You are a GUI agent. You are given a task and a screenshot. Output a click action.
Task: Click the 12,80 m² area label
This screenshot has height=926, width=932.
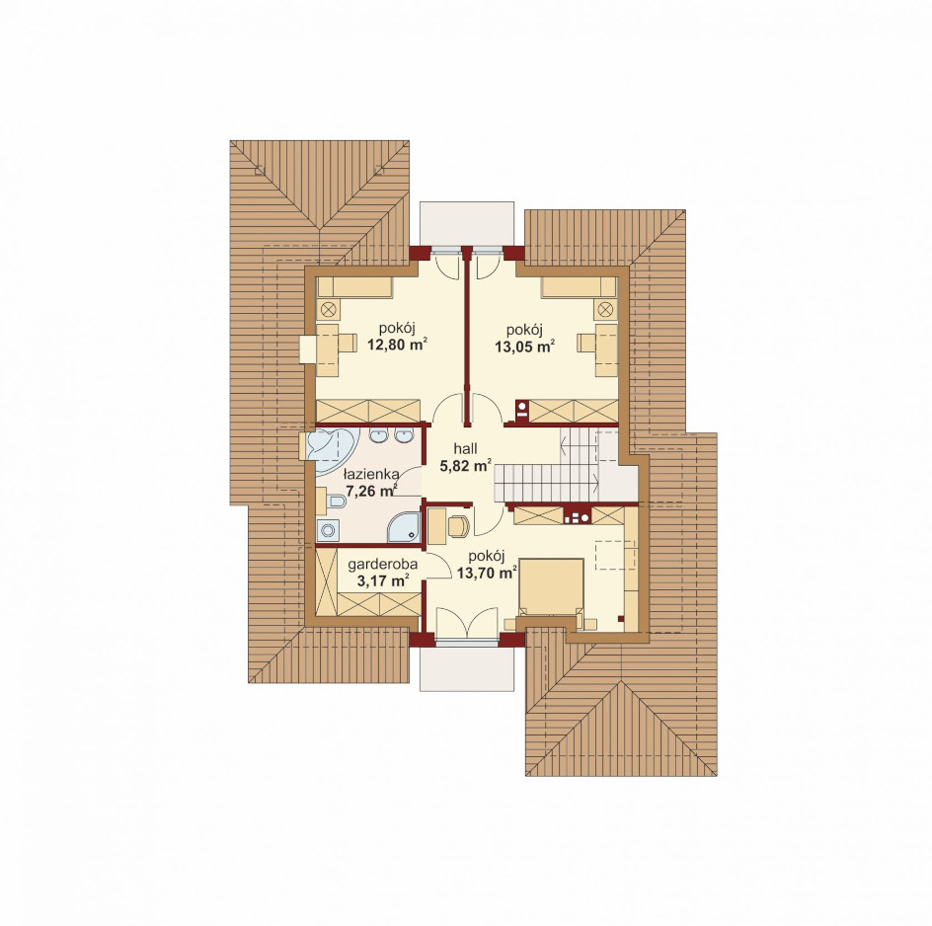398,345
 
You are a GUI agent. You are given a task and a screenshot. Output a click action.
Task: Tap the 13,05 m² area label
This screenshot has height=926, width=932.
525,347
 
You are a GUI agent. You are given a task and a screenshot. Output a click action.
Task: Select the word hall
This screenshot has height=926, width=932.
465,449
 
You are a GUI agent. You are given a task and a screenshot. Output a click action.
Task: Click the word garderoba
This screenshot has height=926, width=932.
383,564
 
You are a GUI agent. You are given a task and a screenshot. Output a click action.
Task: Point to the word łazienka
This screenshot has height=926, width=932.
371,474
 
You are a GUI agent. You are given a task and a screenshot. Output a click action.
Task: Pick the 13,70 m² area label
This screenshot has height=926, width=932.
487,573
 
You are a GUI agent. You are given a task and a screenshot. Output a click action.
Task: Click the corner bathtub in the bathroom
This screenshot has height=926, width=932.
332,450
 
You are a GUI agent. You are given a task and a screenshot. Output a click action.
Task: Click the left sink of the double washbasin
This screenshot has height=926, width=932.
377,435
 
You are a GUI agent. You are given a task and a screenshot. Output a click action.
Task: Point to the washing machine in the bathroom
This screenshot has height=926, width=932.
328,529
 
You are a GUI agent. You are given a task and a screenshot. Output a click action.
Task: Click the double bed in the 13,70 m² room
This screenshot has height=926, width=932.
550,587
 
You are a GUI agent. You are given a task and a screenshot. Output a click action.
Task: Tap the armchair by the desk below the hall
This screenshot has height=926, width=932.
458,526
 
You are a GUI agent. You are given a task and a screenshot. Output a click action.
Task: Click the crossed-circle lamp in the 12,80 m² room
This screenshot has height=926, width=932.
328,309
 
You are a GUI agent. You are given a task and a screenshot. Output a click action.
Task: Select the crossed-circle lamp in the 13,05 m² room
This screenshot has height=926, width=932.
604,309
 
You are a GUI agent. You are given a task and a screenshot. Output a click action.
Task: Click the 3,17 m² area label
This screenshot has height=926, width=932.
383,580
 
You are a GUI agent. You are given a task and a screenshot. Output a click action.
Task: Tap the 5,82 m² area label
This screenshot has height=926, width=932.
465,465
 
